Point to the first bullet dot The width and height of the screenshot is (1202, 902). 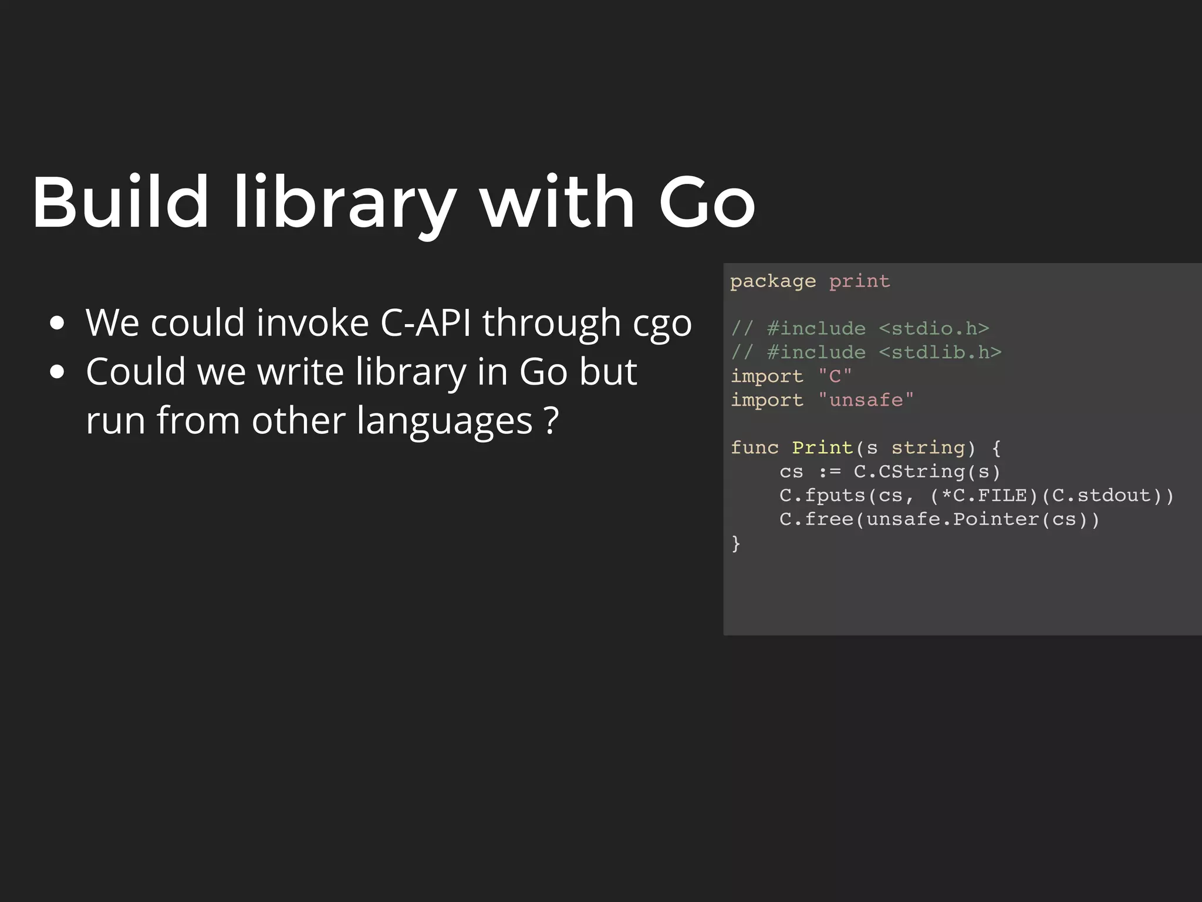pyautogui.click(x=57, y=324)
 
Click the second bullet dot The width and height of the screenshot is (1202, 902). pyautogui.click(x=57, y=372)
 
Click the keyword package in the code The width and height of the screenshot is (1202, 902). pyautogui.click(x=772, y=281)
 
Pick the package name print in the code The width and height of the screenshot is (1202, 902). pyautogui.click(x=859, y=281)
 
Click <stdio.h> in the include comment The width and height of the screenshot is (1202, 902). pyautogui.click(x=934, y=328)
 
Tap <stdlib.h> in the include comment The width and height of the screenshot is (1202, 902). pyautogui.click(x=940, y=352)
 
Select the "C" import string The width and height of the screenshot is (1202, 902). pyautogui.click(x=835, y=376)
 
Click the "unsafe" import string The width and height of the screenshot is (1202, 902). pyautogui.click(x=866, y=400)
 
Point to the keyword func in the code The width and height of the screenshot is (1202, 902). pyautogui.click(x=754, y=447)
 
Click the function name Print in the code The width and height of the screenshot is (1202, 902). pyautogui.click(x=822, y=447)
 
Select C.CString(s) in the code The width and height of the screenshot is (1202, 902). pyautogui.click(x=927, y=472)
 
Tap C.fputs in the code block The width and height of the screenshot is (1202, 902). pyautogui.click(x=823, y=496)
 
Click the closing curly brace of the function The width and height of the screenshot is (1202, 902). pyautogui.click(x=736, y=544)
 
